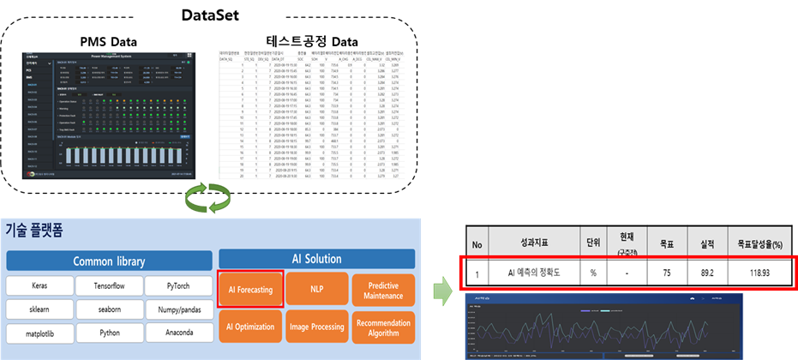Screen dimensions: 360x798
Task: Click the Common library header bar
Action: tap(108, 261)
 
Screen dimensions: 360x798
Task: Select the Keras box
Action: tap(39, 285)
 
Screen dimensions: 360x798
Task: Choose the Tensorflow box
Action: tap(106, 285)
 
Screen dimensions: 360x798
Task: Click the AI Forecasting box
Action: tap(250, 290)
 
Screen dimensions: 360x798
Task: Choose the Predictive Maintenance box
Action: tap(381, 290)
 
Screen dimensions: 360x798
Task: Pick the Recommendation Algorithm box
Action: tap(381, 326)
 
